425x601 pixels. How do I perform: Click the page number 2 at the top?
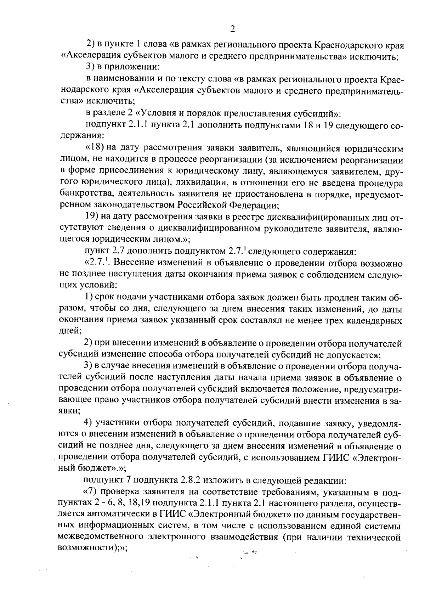232,29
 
